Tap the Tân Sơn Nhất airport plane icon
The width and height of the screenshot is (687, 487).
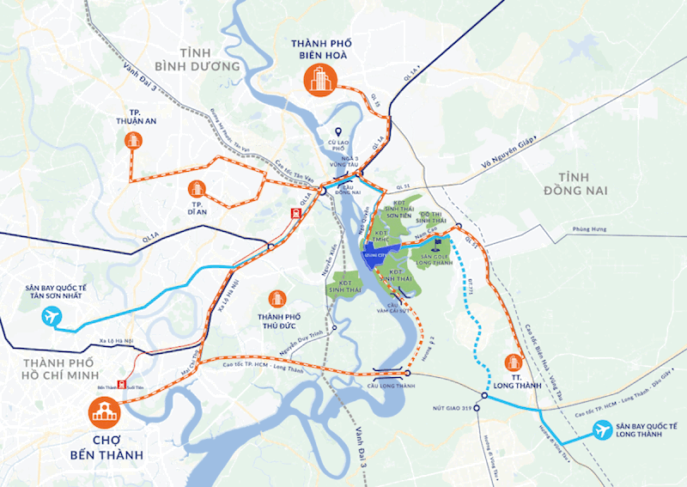pyautogui.click(x=52, y=318)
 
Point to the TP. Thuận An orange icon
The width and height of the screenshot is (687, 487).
pyautogui.click(x=132, y=140)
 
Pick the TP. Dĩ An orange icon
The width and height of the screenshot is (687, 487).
pyautogui.click(x=197, y=188)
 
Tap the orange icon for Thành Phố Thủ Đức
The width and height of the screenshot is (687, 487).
pyautogui.click(x=277, y=298)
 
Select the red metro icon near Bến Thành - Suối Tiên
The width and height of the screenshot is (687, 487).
pyautogui.click(x=121, y=385)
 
